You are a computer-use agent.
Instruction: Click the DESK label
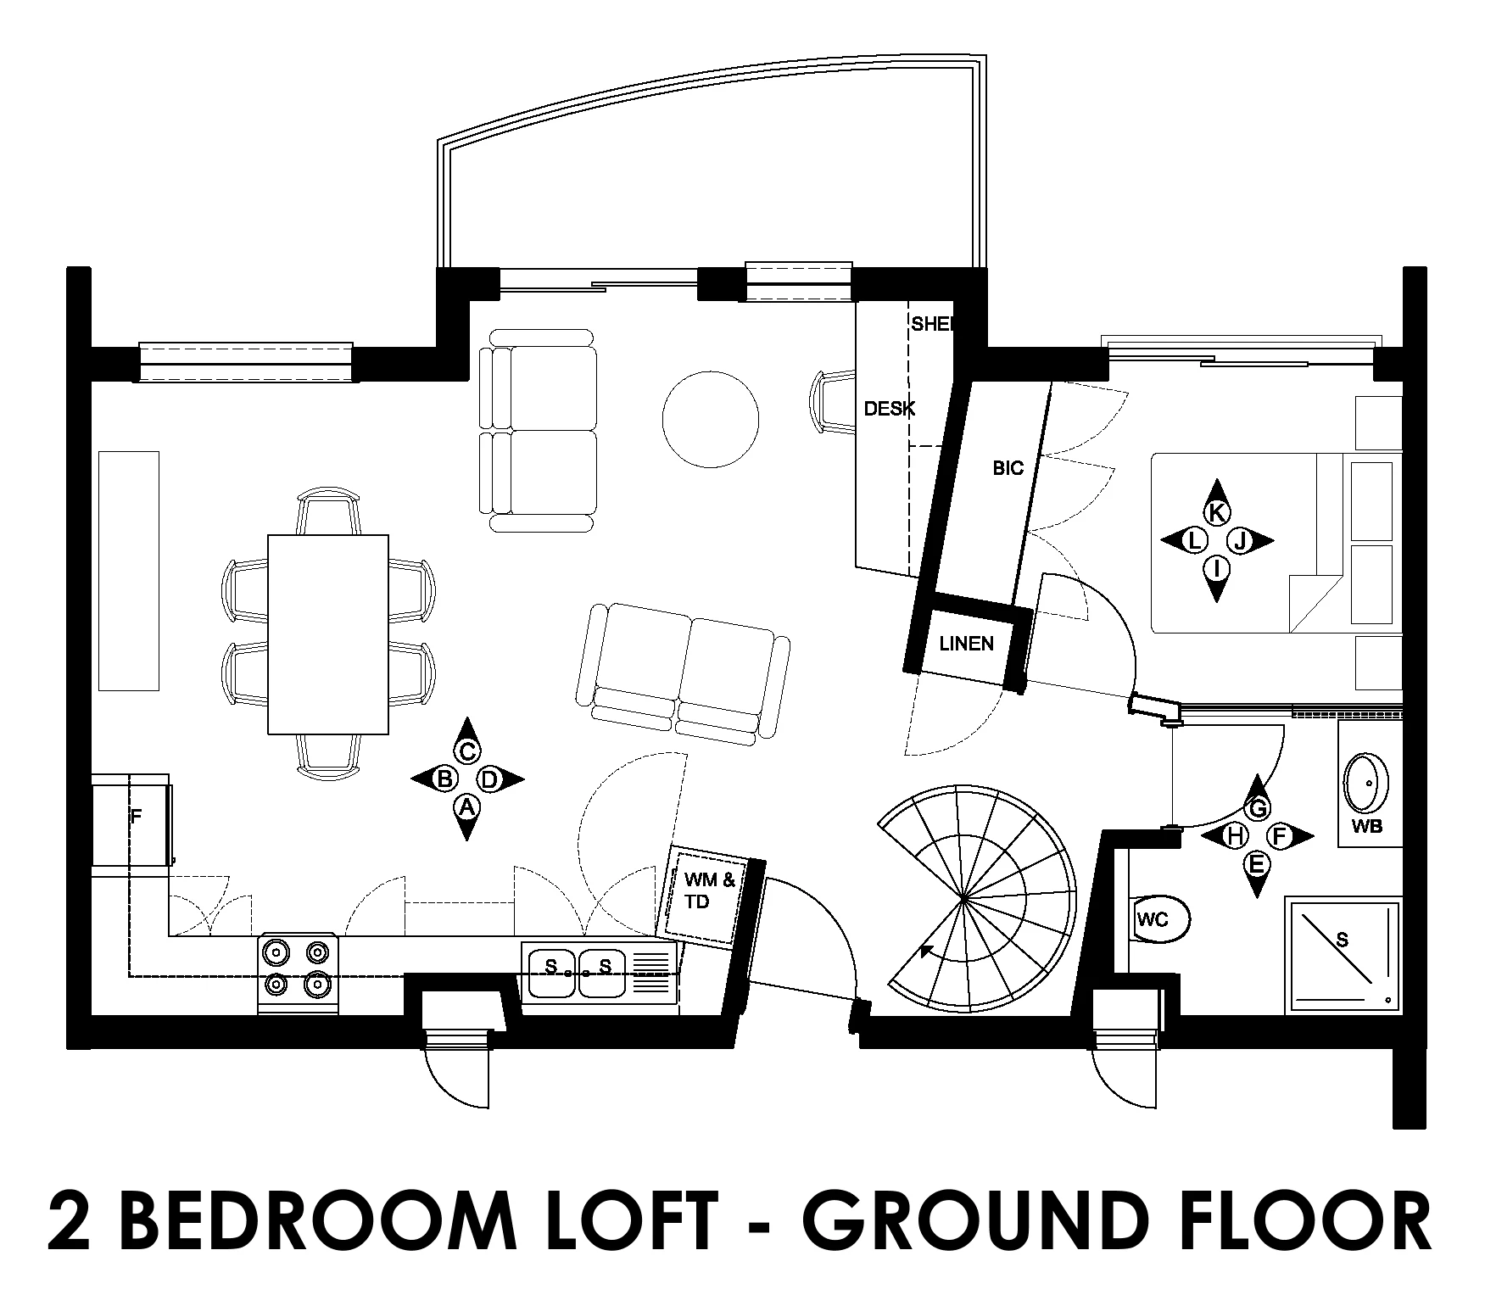pos(889,409)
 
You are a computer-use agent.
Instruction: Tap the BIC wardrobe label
pos(1008,467)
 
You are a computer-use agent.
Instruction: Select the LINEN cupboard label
pos(966,644)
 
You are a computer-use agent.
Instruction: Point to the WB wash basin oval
pos(1367,778)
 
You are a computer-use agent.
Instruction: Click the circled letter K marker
pos(1217,512)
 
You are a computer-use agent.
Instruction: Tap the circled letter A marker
pos(466,806)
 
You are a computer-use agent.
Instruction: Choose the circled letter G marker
pos(1258,808)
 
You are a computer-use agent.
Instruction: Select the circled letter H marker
pos(1235,836)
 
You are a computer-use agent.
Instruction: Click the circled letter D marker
pos(490,779)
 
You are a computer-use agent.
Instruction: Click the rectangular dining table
pos(328,633)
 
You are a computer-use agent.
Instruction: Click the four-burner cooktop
pos(299,974)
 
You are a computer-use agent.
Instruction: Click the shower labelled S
pos(1343,955)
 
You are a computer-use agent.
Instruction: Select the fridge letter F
pos(135,818)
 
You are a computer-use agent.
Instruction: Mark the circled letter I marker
pos(1217,567)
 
